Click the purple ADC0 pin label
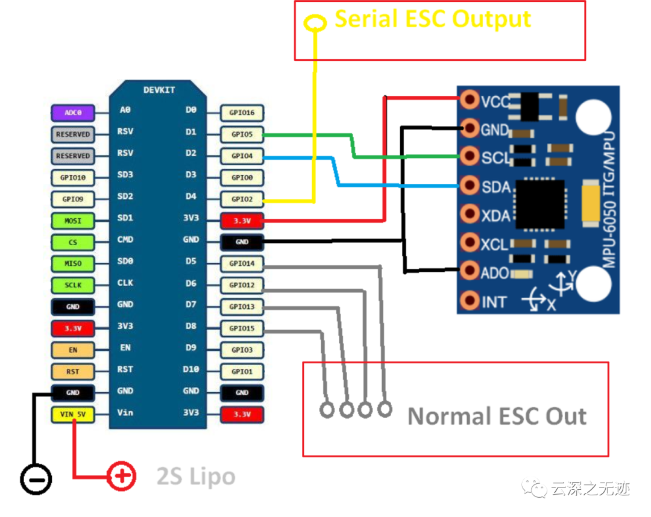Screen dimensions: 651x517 (73, 113)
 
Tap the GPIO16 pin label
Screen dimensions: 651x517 (242, 113)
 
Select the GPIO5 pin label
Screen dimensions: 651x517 (242, 134)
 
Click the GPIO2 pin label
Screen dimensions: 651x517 (242, 199)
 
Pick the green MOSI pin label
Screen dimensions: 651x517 (73, 221)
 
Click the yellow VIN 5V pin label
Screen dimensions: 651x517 (73, 414)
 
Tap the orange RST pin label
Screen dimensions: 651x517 (73, 371)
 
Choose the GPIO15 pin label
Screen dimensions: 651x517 (242, 328)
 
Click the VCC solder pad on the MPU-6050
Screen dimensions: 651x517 (470, 99)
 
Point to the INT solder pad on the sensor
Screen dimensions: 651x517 (470, 300)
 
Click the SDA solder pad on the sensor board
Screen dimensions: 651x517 (470, 186)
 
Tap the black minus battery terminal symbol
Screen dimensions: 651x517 (36, 480)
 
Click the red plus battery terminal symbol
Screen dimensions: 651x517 (121, 476)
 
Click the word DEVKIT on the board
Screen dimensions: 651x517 (159, 90)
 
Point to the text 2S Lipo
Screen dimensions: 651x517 (196, 477)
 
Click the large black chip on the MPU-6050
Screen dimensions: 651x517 (540, 204)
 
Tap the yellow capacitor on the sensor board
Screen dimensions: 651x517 (590, 203)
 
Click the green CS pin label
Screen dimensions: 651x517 (73, 242)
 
